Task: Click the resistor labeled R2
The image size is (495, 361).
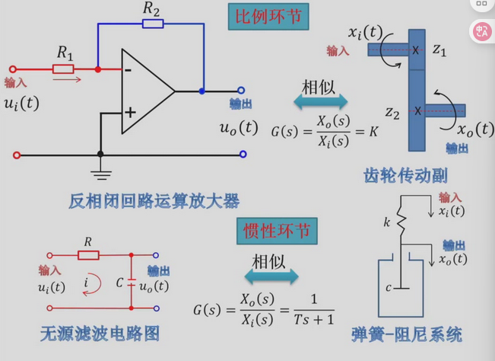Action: [x=152, y=23]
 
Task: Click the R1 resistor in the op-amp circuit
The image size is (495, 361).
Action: [x=63, y=69]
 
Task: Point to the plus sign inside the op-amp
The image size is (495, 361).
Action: [x=129, y=112]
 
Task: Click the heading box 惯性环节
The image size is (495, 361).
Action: [x=270, y=230]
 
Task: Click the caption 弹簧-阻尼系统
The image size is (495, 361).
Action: [x=417, y=334]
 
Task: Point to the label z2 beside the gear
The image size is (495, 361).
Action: [x=392, y=114]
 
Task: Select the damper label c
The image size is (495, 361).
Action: [x=389, y=287]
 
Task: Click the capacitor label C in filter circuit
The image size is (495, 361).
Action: [x=119, y=281]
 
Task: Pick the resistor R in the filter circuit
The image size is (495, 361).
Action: [x=88, y=256]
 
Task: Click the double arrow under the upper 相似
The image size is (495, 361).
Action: [x=319, y=101]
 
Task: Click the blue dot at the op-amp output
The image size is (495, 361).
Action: [x=202, y=91]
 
